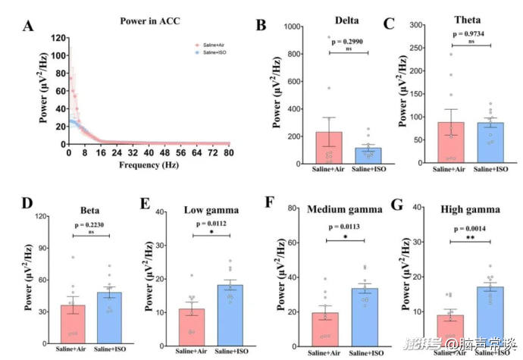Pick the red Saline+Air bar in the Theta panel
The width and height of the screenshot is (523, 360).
[x=451, y=142]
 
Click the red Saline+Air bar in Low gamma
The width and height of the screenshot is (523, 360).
[x=192, y=322]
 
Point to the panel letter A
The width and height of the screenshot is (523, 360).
[x=27, y=27]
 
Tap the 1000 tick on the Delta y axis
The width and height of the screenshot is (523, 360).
[x=283, y=27]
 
